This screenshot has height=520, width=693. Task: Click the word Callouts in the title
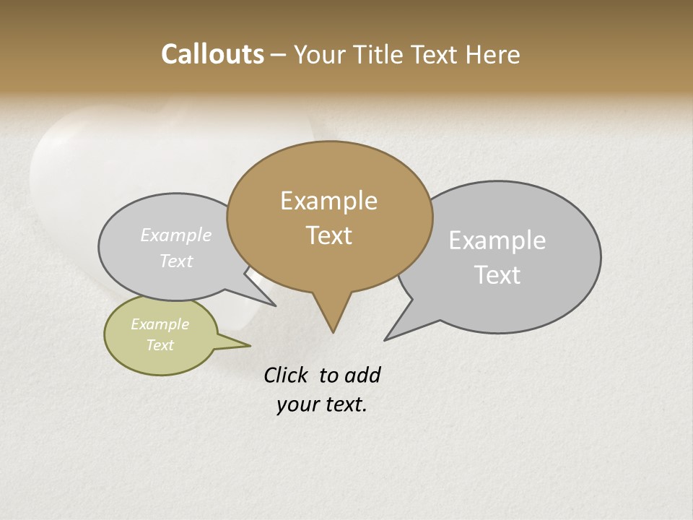212,55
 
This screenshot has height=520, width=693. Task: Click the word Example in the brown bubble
328,201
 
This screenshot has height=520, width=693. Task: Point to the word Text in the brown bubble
329,235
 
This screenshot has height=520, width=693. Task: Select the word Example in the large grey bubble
497,240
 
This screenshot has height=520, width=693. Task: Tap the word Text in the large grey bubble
497,275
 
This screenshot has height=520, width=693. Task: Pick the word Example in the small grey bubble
176,235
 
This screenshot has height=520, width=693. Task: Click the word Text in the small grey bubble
176,261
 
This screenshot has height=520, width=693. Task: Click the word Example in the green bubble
160,324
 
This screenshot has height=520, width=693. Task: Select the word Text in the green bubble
160,345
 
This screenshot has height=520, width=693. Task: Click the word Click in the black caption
287,376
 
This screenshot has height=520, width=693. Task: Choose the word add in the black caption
362,376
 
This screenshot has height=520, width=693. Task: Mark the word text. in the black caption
344,404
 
